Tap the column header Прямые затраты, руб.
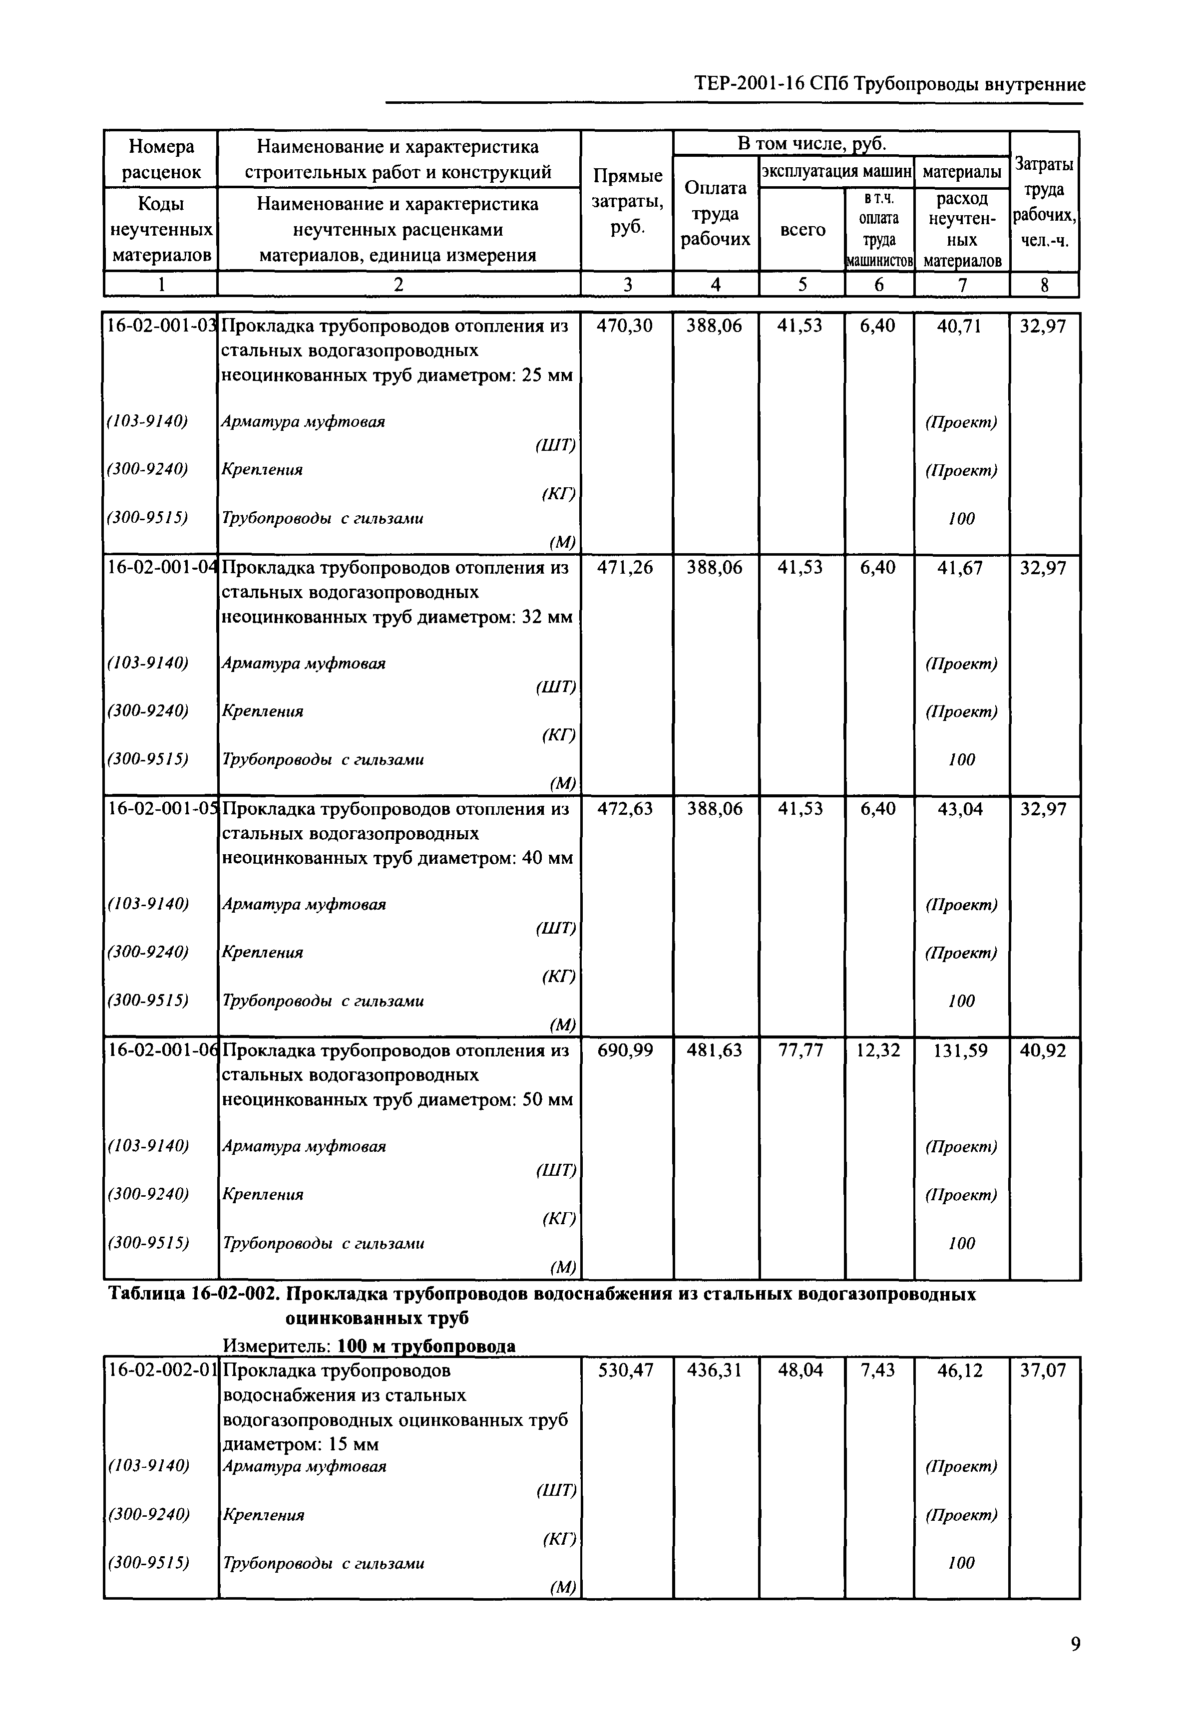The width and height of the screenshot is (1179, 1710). pyautogui.click(x=626, y=202)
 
